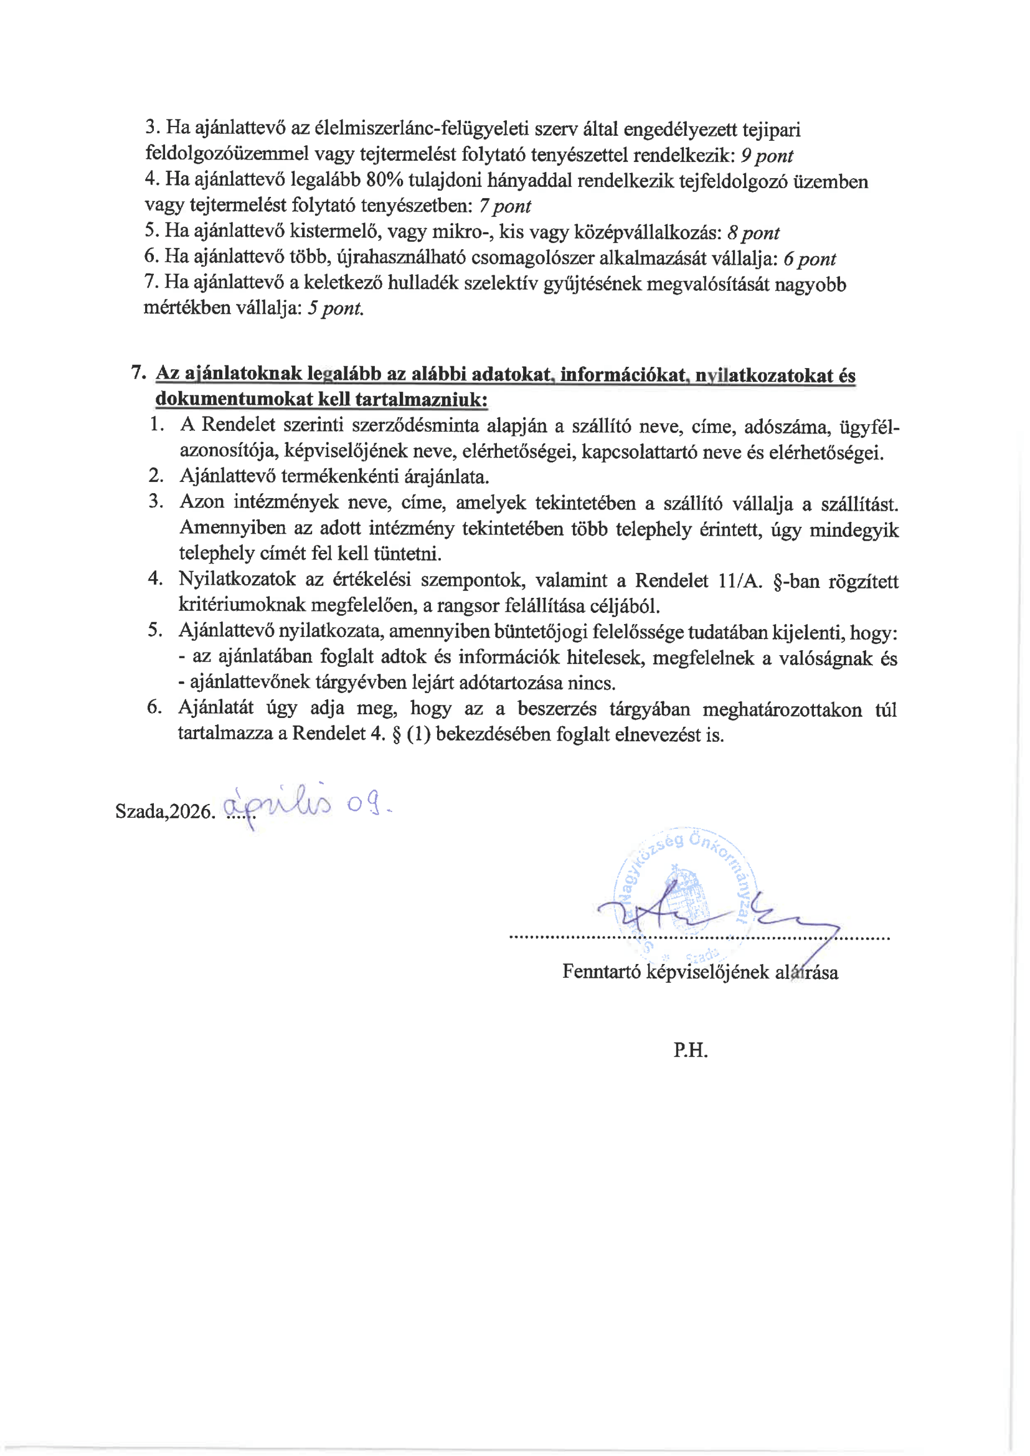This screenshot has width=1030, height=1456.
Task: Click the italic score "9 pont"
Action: (767, 156)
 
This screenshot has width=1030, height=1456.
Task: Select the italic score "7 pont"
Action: (505, 206)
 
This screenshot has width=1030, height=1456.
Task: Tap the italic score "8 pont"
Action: (754, 234)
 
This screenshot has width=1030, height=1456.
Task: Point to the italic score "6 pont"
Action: (810, 258)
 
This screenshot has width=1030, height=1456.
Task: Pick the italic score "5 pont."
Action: (336, 309)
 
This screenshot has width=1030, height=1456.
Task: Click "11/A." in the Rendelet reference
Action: (740, 580)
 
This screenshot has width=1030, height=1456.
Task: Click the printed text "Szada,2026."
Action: (166, 811)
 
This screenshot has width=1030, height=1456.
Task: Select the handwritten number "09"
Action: (366, 805)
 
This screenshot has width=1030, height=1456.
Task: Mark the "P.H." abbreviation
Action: (690, 1050)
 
